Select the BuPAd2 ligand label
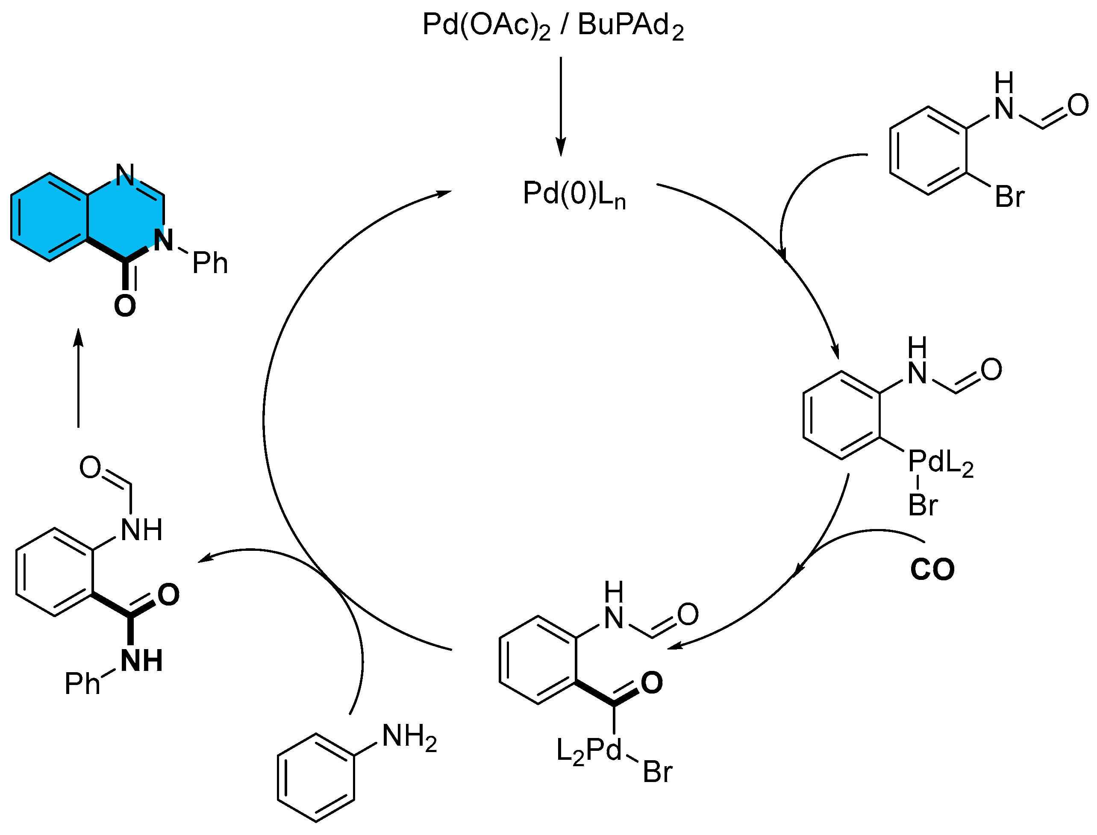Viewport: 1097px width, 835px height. coord(630,26)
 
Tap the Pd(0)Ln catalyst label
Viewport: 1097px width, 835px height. coord(573,194)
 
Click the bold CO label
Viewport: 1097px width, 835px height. coord(932,570)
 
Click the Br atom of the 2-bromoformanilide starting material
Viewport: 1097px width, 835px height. coord(1009,197)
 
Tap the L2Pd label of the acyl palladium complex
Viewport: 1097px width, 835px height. coord(588,751)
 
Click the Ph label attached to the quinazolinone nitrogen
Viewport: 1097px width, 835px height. coord(210,263)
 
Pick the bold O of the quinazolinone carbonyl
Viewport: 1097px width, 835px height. coord(125,306)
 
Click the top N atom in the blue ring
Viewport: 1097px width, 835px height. coord(125,174)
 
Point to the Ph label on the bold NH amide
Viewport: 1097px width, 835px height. coord(82,684)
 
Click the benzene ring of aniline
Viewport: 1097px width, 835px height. coord(316,778)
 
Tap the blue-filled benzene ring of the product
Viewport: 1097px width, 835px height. coord(50,217)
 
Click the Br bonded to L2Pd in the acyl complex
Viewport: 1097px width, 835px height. coord(657,772)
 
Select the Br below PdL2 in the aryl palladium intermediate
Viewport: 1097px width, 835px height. coord(923,506)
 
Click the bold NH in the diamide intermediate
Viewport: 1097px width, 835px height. coord(141,661)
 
